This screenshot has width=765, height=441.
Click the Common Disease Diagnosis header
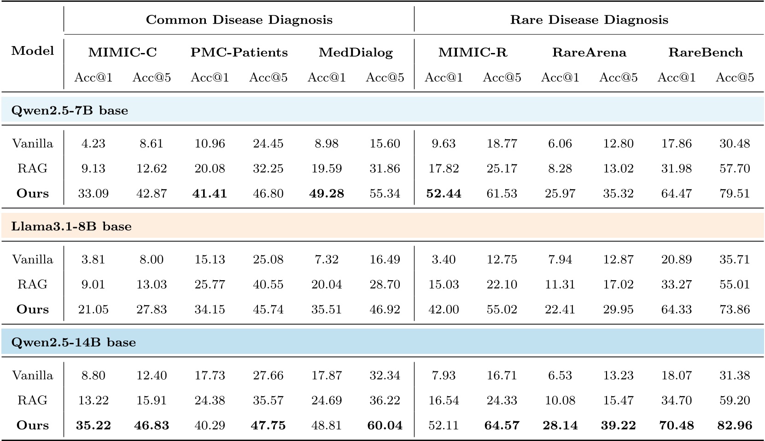point(239,20)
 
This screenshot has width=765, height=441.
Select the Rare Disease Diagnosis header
point(589,20)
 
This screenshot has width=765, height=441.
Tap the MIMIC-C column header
point(123,53)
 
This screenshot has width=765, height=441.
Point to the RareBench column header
point(706,53)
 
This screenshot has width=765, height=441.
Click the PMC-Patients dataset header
point(239,53)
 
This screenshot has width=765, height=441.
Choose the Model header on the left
point(33,51)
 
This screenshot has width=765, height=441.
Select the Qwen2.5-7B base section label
point(70,111)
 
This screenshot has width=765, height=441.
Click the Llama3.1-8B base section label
point(71,226)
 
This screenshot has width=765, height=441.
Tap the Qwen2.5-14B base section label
point(73,342)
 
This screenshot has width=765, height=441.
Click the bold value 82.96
point(735,425)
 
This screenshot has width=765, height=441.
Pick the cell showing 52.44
point(444,194)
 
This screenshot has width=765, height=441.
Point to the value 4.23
point(93,144)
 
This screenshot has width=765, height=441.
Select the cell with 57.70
point(735,169)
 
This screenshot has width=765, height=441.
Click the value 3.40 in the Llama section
point(444,259)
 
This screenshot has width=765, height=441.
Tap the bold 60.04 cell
point(385,425)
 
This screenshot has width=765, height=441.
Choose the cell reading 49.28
point(327,194)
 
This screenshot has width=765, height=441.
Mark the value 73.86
point(735,309)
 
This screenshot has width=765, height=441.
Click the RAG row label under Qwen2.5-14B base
point(33,400)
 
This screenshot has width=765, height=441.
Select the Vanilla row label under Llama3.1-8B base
point(33,259)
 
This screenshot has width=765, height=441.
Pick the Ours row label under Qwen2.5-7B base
point(33,194)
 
